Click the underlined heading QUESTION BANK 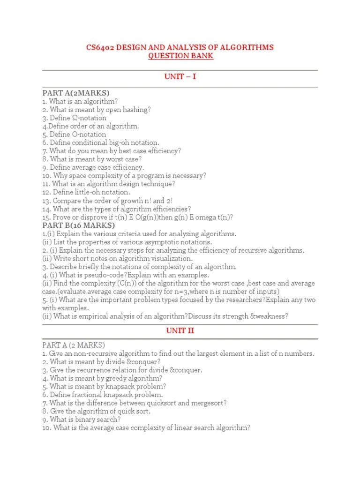tap(180, 56)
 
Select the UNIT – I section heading tap(180, 76)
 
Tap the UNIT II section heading tap(180, 330)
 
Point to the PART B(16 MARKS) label tap(78, 225)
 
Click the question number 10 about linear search tap(46, 428)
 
